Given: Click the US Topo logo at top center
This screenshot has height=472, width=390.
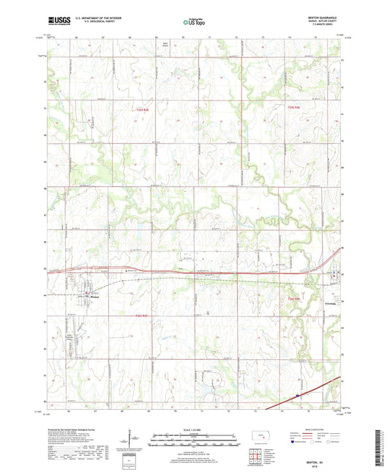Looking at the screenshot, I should [x=194, y=22].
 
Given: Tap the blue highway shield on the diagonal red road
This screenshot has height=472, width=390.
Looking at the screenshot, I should [x=298, y=397].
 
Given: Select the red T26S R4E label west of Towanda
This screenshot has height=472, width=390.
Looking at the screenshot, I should [x=293, y=298].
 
